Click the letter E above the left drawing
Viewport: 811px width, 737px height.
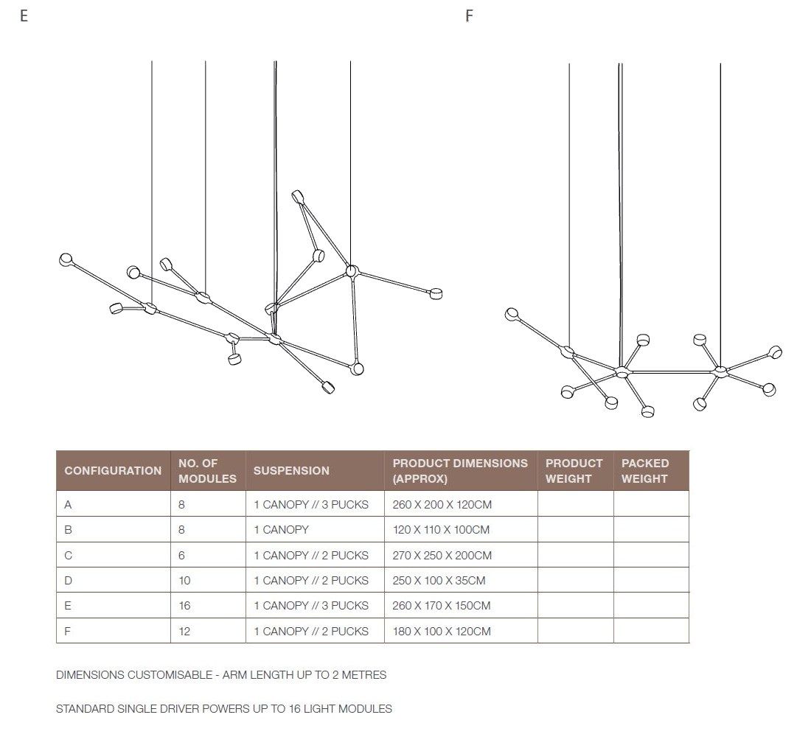[24, 15]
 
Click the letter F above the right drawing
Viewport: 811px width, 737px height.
[469, 15]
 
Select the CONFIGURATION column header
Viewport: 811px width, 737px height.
[113, 471]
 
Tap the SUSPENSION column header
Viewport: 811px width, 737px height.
[291, 471]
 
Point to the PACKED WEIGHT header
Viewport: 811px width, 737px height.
[645, 471]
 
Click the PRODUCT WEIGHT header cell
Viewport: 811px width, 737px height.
[574, 471]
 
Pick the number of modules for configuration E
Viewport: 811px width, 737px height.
[184, 606]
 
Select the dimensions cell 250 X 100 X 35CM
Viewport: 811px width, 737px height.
[439, 581]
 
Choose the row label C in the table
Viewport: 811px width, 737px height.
[69, 556]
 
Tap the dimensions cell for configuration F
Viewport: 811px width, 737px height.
[442, 632]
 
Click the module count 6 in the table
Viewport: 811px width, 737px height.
[182, 556]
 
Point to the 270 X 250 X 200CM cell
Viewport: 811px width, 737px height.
[442, 556]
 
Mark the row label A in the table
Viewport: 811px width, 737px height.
[69, 505]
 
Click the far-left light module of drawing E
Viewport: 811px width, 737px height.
[66, 259]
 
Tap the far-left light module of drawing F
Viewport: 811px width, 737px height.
[512, 315]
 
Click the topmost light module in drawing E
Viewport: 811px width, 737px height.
[297, 196]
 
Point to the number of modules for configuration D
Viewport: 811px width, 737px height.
[184, 581]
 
